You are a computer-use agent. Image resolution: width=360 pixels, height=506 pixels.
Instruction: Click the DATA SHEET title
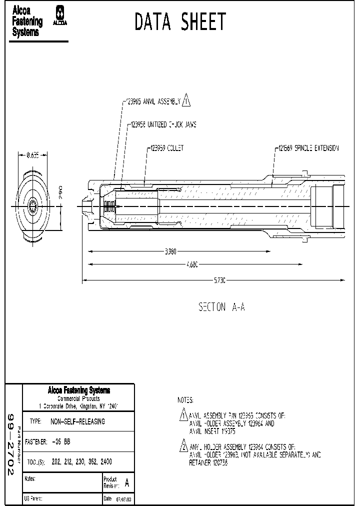tap(180, 22)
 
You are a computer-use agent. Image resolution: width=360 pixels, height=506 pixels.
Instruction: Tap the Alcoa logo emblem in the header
tap(60, 16)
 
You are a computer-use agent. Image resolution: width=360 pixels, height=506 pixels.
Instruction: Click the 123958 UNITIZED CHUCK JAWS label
tap(163, 124)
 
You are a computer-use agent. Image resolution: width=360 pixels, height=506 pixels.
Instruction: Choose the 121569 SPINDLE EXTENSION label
tap(308, 148)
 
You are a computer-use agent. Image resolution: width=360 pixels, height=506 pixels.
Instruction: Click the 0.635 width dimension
tap(32, 155)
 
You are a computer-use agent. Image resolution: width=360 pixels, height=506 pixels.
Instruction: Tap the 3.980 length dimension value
tap(170, 251)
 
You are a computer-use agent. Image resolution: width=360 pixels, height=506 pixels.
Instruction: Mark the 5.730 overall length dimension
tap(219, 281)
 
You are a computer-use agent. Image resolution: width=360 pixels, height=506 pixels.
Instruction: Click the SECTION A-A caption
tap(221, 307)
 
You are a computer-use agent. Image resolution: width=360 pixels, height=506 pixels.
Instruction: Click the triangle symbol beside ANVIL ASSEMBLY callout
tap(186, 101)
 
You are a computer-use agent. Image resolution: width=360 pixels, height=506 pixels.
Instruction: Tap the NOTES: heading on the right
tap(185, 400)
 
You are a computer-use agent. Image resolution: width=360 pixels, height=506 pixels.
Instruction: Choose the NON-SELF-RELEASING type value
tap(77, 421)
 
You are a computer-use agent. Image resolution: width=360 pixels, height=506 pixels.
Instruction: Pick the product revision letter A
tap(126, 483)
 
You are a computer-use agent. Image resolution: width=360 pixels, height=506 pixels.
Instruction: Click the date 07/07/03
tap(124, 499)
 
